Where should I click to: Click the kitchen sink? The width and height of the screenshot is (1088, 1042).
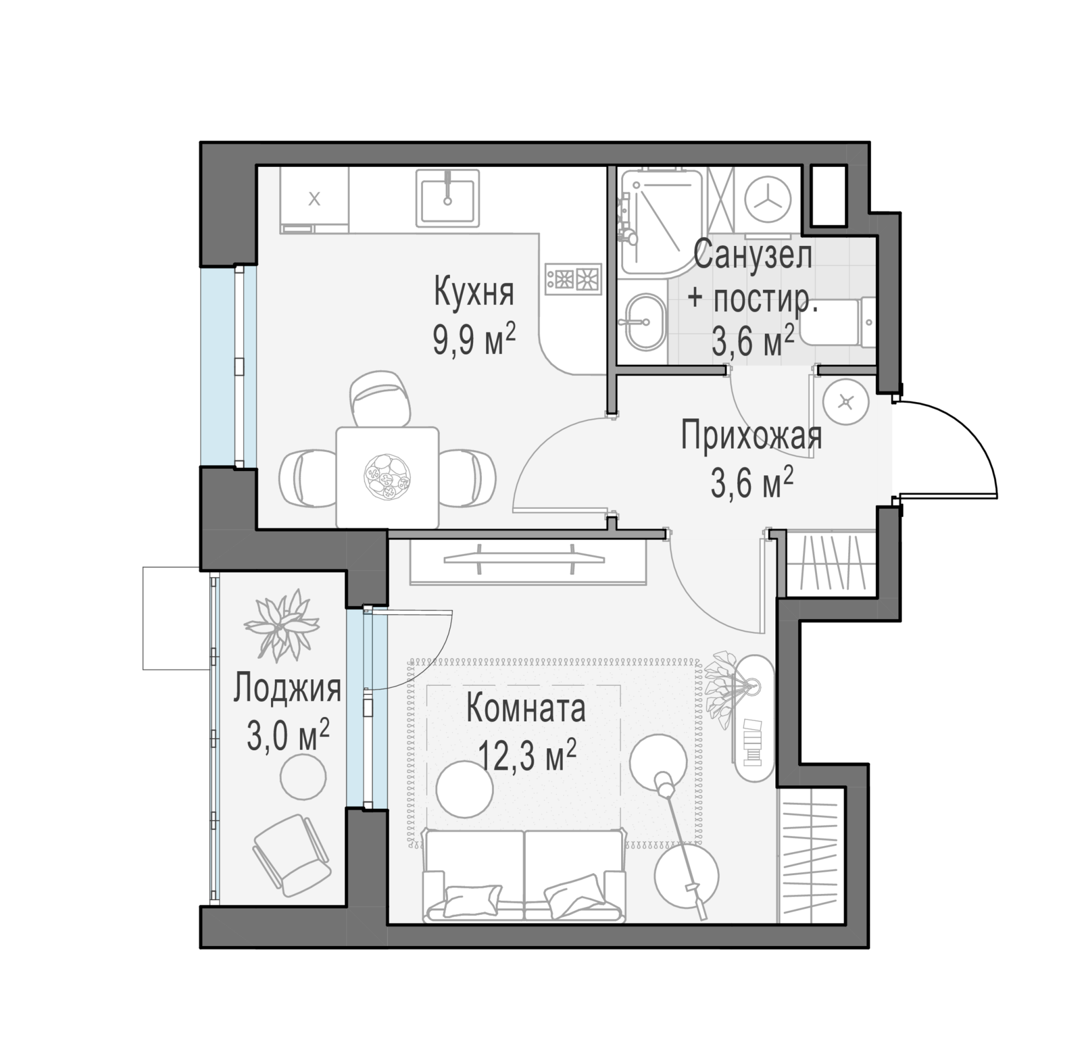pyautogui.click(x=448, y=198)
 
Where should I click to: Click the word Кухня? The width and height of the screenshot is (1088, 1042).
pyautogui.click(x=474, y=293)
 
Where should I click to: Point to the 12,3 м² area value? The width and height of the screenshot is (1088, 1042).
pyautogui.click(x=527, y=756)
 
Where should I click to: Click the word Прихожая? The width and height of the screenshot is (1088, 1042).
pyautogui.click(x=751, y=437)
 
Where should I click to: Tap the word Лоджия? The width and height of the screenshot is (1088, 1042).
pyautogui.click(x=287, y=689)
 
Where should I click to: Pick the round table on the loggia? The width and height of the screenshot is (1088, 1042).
pyautogui.click(x=303, y=778)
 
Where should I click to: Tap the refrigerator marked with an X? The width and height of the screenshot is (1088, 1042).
pyautogui.click(x=315, y=201)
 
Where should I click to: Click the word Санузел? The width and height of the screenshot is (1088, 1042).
pyautogui.click(x=753, y=255)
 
